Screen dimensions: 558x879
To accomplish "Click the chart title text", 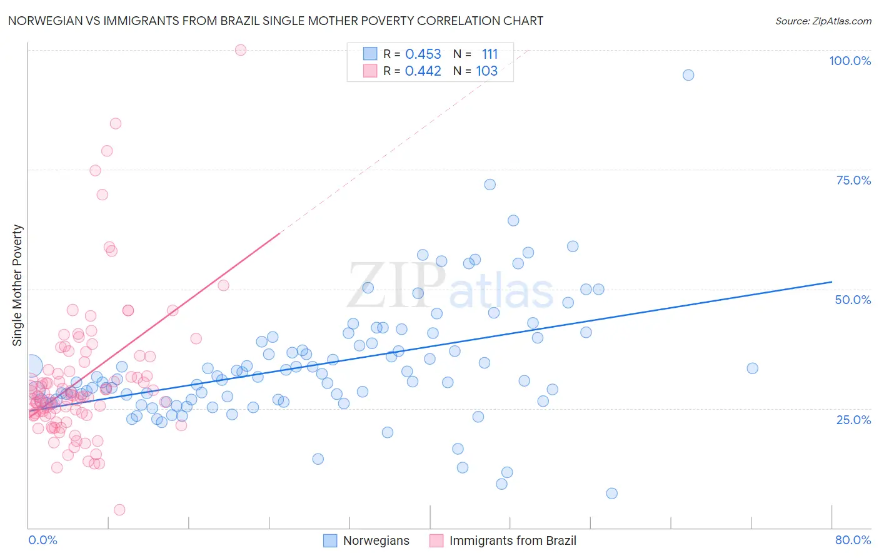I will (276, 21).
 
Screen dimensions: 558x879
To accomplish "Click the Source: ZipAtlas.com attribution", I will (823, 21).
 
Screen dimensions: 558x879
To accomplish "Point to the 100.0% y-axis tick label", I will (850, 61).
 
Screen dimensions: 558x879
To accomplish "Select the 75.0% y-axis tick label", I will (853, 180).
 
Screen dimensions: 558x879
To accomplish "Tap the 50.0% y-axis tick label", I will (853, 300).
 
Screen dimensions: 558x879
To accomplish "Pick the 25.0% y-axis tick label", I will (853, 419).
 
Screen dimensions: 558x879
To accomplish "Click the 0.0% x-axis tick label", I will (43, 540).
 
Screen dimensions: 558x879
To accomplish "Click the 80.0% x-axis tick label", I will (853, 540).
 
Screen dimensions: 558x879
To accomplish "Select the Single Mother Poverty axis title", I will (18, 285).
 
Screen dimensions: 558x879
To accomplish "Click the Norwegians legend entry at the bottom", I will (366, 540).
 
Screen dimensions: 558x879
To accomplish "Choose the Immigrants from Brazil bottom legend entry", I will (503, 540).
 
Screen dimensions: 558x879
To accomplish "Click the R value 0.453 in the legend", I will (423, 54).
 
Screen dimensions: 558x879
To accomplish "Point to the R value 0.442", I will (423, 71).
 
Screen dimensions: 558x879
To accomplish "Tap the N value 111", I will (490, 54).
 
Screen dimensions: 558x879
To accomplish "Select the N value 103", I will (487, 71).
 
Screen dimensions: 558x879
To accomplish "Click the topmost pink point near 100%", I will (241, 50).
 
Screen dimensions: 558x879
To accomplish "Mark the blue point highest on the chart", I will (688, 75).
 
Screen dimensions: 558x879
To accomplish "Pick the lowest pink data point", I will (119, 510).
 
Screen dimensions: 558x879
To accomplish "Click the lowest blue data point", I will (612, 494).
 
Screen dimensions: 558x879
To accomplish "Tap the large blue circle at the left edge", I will (33, 366).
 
